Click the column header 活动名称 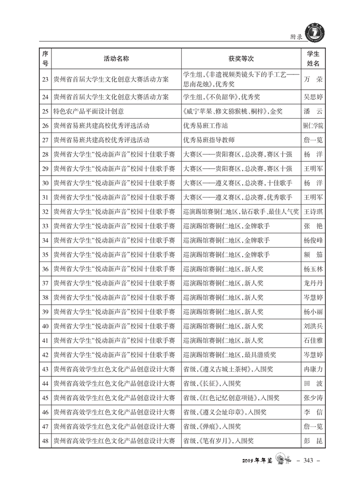(116, 59)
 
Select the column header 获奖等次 (241, 59)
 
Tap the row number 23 (45, 79)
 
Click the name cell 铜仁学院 (313, 125)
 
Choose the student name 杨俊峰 (313, 240)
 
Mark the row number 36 (45, 269)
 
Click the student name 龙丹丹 (313, 283)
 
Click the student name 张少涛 (313, 398)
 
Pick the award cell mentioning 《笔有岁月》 (218, 441)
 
